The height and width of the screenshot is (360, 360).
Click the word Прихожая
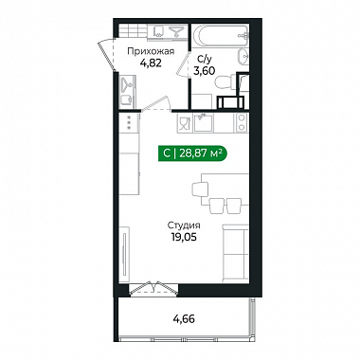click(151, 51)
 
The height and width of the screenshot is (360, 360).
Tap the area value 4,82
click(151, 63)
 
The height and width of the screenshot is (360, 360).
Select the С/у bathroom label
click(202, 59)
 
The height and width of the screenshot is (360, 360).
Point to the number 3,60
click(204, 70)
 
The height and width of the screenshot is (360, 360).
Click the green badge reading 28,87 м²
click(192, 153)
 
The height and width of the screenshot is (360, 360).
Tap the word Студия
click(184, 225)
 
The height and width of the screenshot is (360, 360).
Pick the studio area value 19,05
click(184, 237)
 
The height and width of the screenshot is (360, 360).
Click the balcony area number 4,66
click(184, 319)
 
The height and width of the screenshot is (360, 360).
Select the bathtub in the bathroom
click(220, 36)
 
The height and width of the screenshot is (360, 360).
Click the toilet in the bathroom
click(225, 82)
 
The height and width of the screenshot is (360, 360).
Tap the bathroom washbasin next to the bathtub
click(243, 57)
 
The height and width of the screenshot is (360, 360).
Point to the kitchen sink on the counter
click(204, 123)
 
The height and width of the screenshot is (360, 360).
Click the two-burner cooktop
click(243, 122)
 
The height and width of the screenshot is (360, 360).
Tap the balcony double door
click(153, 288)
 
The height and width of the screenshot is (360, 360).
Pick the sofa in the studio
click(236, 253)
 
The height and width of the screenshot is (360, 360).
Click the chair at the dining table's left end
click(200, 189)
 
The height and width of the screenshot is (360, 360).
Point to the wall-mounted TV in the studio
click(125, 254)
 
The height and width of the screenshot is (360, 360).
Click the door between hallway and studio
click(155, 103)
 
